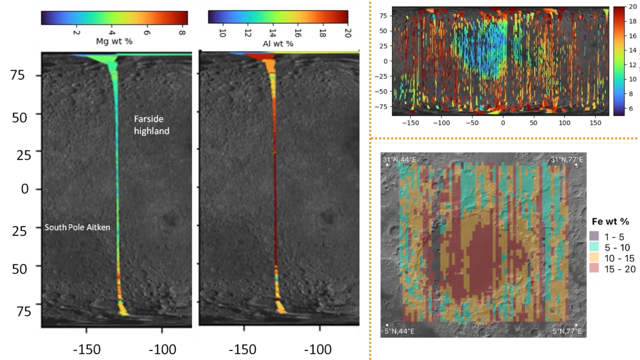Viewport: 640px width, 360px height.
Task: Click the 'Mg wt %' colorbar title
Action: [114, 41]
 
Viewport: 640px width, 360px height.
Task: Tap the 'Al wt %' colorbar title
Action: [278, 44]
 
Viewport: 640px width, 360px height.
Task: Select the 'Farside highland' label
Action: [151, 125]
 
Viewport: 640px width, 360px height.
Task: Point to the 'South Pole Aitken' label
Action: [77, 227]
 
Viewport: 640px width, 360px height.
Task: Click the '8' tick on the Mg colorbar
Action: [182, 32]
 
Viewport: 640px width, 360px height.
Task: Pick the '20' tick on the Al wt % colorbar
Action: [348, 33]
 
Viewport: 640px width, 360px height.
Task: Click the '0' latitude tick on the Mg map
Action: [25, 189]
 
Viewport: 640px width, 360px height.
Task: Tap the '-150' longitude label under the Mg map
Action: [87, 350]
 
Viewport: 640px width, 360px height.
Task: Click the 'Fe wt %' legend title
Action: [610, 221]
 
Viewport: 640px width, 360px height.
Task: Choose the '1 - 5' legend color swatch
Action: [594, 236]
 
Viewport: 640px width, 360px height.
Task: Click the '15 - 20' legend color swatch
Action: [594, 268]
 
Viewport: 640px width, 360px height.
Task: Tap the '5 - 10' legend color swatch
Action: [594, 247]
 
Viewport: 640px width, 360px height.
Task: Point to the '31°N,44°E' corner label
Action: [399, 159]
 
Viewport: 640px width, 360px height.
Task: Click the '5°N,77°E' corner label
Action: [567, 331]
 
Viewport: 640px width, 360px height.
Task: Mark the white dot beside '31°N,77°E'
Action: [576, 165]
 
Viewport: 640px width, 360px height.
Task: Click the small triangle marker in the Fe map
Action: [490, 287]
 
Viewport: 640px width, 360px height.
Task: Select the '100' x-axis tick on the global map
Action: [564, 123]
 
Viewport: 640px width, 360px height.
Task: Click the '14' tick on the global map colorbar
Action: [632, 50]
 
